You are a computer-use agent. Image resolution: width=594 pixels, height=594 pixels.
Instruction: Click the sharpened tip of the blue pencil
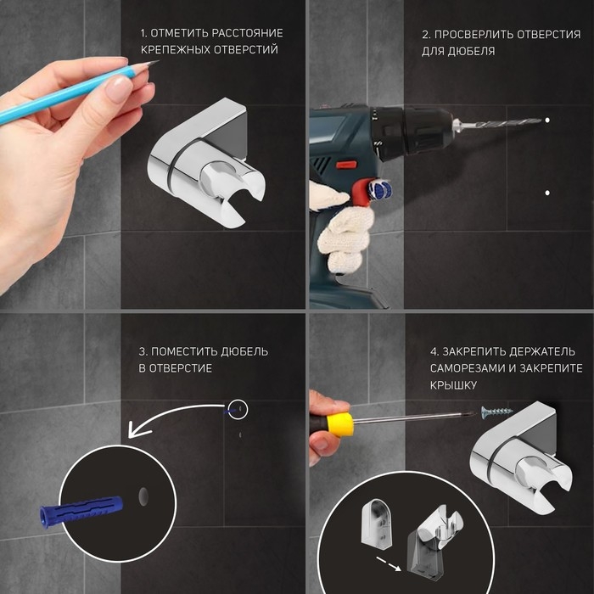158,60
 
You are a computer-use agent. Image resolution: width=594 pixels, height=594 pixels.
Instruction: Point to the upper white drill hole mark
547,120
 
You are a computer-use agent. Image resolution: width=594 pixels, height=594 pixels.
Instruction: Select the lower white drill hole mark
547,193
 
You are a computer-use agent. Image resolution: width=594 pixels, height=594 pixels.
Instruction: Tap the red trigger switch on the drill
346,165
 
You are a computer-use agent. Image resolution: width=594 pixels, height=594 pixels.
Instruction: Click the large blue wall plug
81,510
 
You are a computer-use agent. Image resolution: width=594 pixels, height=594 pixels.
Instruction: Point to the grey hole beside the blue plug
143,496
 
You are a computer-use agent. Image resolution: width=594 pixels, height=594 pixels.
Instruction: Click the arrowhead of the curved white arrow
137,429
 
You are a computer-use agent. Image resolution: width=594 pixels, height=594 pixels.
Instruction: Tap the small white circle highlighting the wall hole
238,410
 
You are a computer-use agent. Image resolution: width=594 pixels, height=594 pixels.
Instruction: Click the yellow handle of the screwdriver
340,424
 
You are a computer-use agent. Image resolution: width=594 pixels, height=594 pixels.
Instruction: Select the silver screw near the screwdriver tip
496,412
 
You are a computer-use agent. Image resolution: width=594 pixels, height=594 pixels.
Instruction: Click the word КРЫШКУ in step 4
453,385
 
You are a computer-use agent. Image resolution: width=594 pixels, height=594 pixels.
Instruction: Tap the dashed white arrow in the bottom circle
389,563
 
